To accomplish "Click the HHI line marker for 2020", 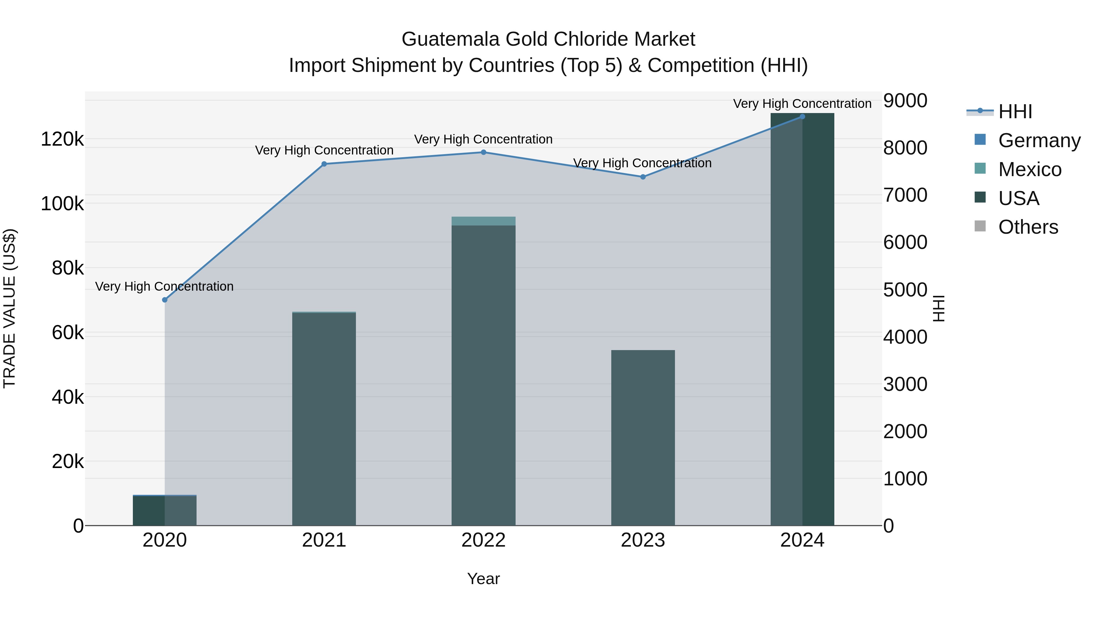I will point(165,300).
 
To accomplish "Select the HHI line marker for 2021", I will point(324,164).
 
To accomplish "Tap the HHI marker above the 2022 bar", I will point(483,152).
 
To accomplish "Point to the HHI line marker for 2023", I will point(643,177).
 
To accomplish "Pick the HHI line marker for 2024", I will point(802,116).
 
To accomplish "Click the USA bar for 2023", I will point(643,438).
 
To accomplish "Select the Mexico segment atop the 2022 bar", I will point(483,221).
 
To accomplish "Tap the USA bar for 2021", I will point(324,420).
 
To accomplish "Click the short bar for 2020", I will point(165,511).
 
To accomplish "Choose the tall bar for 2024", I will point(802,319).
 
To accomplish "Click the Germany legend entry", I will point(1039,140).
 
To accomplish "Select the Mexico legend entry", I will point(1030,169).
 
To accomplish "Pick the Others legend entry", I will point(1028,227).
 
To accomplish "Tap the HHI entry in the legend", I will point(1015,112).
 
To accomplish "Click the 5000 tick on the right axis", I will point(905,290).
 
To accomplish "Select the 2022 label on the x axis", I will point(483,540).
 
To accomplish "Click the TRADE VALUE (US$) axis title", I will point(9,308).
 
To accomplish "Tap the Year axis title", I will point(483,579).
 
